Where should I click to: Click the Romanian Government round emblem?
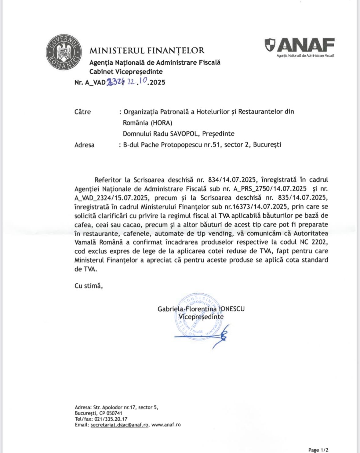coord(64,52)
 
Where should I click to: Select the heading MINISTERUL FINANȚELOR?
coord(147,50)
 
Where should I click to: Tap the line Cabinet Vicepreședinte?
coord(126,72)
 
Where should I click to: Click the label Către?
coord(83,112)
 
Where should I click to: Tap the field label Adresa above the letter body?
coord(85,145)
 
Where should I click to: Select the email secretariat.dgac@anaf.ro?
coord(119,425)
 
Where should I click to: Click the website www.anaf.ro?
coord(166,425)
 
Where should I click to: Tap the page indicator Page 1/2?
coord(318,450)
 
